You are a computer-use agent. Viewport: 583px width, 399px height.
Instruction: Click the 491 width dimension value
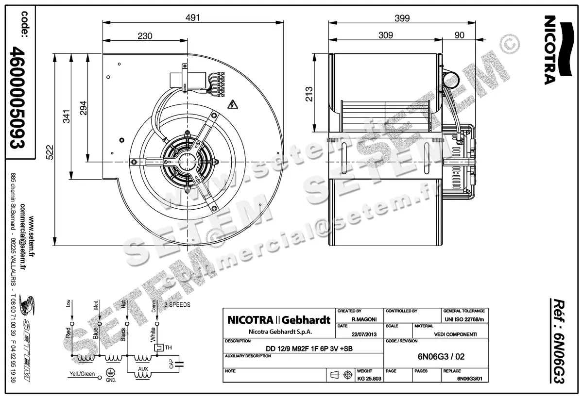point(194,17)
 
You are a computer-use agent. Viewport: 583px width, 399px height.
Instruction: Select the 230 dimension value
point(145,36)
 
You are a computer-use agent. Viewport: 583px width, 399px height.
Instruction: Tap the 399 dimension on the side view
point(402,18)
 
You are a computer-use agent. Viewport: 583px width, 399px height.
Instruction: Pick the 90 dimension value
point(459,35)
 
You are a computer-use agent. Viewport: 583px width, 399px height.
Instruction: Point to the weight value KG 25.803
point(369,378)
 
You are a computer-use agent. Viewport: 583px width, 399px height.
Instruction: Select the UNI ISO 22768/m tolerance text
point(463,318)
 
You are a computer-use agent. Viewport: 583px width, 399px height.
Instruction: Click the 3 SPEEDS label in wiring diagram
point(177,305)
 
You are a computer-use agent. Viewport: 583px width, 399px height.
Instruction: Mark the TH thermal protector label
point(168,348)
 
